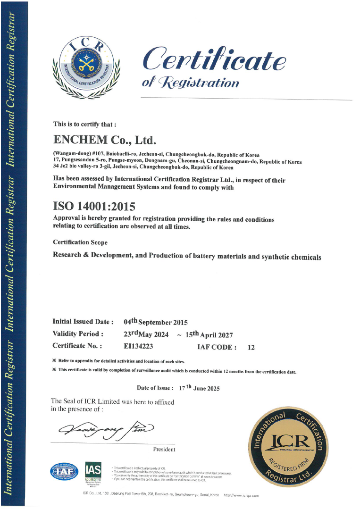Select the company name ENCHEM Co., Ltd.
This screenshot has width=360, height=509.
point(105,141)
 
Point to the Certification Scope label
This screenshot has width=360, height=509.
point(80,242)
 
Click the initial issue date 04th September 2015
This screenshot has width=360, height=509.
point(156,322)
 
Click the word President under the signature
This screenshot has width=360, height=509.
point(164,450)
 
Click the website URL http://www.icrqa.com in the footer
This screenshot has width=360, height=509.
point(242,495)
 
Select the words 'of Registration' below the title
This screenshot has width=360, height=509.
point(190,83)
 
